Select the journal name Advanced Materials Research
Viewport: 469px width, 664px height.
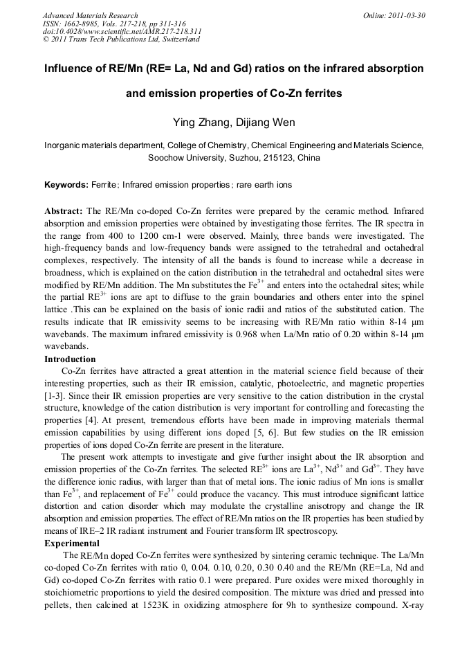90,15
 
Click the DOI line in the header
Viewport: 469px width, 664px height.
122,31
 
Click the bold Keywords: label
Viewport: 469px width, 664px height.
66,185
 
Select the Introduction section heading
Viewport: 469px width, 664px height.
70,359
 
